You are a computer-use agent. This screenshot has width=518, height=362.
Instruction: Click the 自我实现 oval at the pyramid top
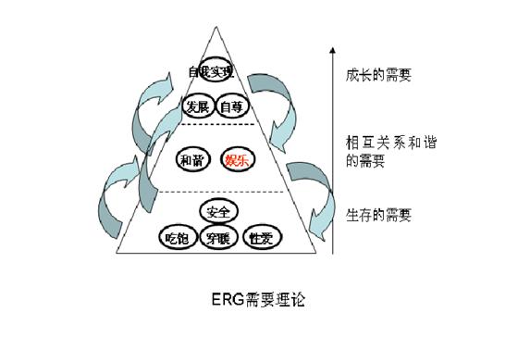click(x=211, y=71)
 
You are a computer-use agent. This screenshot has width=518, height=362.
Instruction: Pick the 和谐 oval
click(x=191, y=159)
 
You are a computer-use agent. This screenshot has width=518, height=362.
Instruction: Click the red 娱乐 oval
click(x=235, y=159)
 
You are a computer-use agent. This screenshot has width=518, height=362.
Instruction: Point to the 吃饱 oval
click(x=177, y=237)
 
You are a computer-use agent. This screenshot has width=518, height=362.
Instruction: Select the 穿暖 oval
click(x=219, y=238)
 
